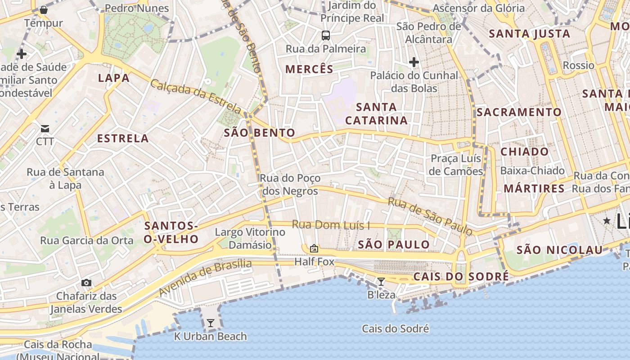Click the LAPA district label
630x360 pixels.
pos(114,78)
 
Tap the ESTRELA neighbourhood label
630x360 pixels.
pos(123,138)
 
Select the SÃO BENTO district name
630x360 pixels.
pos(259,133)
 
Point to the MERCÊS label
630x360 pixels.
pos(310,69)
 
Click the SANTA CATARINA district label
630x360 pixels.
pos(376,114)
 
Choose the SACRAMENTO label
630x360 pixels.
pos(519,112)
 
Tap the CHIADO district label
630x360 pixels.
pos(525,152)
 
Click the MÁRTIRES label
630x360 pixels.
pos(534,189)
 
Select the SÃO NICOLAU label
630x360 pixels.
pos(559,250)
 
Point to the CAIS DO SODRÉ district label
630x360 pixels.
pos(461,276)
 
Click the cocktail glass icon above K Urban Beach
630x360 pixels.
pos(210,323)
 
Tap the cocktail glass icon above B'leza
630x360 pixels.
pos(381,282)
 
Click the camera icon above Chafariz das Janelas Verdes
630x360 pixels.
pos(86,283)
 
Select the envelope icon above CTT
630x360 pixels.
pos(45,129)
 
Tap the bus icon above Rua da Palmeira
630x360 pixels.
pos(325,35)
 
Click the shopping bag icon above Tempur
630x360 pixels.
pos(44,10)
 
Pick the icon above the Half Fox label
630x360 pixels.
pos(314,248)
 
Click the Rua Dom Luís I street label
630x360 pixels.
pos(331,225)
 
